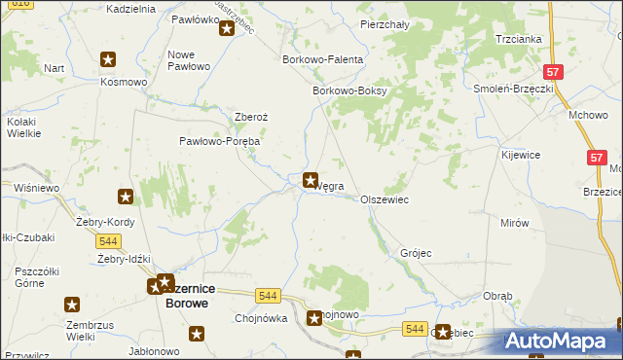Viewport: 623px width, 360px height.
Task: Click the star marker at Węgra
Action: coord(311,179)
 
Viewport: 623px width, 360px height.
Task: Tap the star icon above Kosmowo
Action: coord(108,58)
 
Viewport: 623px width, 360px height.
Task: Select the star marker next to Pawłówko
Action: coord(227,28)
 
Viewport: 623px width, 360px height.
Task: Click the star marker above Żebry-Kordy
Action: coord(125,198)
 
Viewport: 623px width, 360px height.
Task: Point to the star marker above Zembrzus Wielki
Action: coord(72,305)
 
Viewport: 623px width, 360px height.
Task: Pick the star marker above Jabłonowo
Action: coord(197,334)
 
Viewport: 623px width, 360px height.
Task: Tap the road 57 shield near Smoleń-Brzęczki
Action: coord(553,72)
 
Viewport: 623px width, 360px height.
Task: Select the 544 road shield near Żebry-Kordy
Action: coord(109,241)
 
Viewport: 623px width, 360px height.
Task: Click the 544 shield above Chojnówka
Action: coord(269,294)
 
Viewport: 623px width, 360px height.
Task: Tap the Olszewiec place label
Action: coord(384,199)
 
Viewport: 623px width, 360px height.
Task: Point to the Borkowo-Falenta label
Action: coord(322,60)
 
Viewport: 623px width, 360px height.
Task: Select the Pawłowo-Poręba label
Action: coord(219,141)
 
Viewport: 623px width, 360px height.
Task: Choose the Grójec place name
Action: coord(416,253)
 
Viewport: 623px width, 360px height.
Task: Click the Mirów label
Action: coord(514,223)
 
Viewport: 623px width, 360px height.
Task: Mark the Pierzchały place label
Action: coord(384,23)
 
